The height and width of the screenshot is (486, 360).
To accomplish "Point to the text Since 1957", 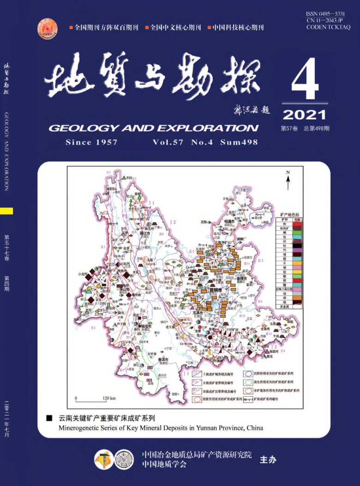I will tap(91, 142).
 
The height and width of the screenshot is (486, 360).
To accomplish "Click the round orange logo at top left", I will tap(48, 28).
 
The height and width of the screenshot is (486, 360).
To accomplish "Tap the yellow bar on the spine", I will tap(6, 211).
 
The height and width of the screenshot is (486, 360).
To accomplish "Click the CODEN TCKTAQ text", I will tap(328, 27).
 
